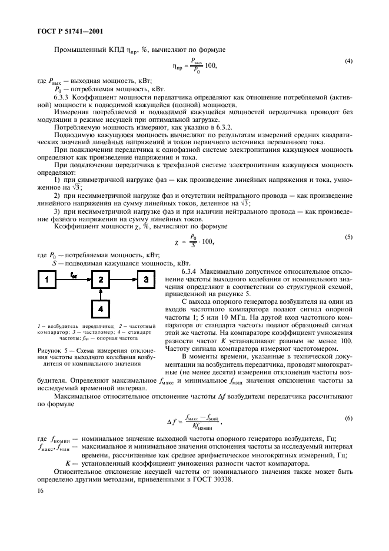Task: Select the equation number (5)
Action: (348, 238)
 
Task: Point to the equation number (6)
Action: (348, 417)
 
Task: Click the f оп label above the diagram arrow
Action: (74, 274)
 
